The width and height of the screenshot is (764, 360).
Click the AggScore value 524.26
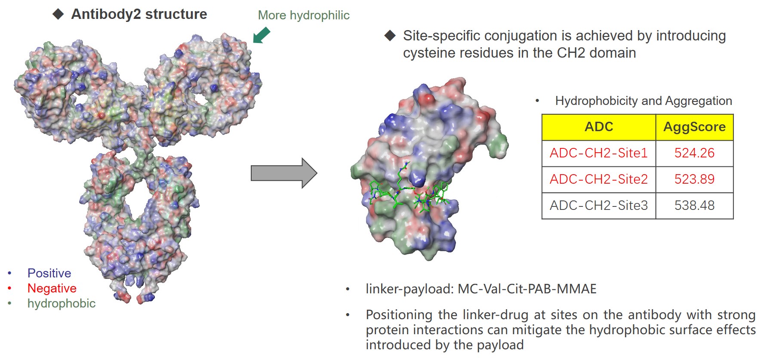pyautogui.click(x=694, y=153)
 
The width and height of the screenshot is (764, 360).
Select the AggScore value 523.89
pyautogui.click(x=694, y=179)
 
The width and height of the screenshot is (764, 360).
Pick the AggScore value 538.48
pyautogui.click(x=694, y=206)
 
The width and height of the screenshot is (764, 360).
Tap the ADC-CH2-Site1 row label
pyautogui.click(x=598, y=153)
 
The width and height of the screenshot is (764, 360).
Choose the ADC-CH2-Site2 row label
pyautogui.click(x=598, y=179)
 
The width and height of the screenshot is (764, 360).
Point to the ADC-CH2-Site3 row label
pyautogui.click(x=598, y=206)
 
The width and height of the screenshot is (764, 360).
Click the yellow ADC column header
pyautogui.click(x=599, y=127)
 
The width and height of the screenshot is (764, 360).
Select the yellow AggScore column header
pyautogui.click(x=694, y=127)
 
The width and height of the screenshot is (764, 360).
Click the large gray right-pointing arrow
pyautogui.click(x=284, y=173)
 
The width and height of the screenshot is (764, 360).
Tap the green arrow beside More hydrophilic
pyautogui.click(x=261, y=35)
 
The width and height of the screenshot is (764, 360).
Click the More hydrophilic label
pyautogui.click(x=304, y=15)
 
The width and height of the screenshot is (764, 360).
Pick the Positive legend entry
pyautogui.click(x=49, y=273)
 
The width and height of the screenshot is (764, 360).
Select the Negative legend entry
pyautogui.click(x=52, y=288)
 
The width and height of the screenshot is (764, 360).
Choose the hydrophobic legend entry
pyautogui.click(x=62, y=303)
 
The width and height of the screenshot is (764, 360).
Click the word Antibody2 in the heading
pyautogui.click(x=106, y=14)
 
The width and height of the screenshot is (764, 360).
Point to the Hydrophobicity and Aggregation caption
pyautogui.click(x=644, y=101)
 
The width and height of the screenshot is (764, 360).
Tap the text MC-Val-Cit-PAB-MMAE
pyautogui.click(x=527, y=289)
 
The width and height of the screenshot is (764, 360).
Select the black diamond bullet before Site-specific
pyautogui.click(x=390, y=36)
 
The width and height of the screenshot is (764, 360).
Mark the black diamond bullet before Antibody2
pyautogui.click(x=58, y=14)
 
